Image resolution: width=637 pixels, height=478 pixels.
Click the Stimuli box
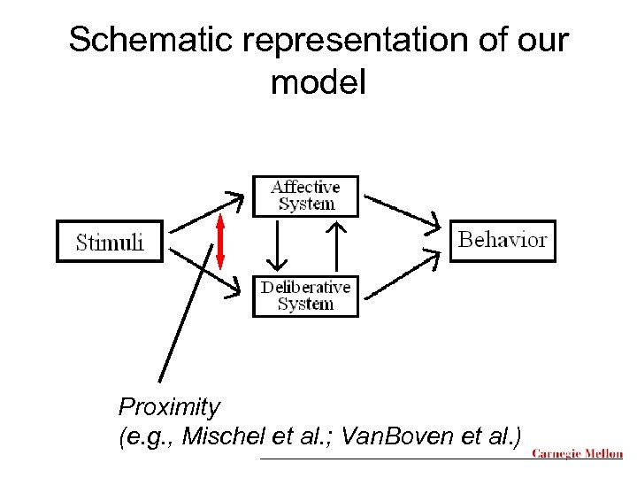point(110,242)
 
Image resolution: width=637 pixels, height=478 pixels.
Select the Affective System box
point(305,196)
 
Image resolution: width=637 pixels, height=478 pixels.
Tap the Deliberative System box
point(305,296)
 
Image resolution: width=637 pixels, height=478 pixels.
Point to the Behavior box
point(503,240)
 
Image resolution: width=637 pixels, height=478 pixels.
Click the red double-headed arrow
point(220,241)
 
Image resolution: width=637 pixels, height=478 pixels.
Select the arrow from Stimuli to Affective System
point(206,212)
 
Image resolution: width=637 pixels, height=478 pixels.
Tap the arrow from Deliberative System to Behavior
point(403,273)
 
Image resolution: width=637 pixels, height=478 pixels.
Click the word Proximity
point(169,407)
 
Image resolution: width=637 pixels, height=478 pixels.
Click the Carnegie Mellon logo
point(576,454)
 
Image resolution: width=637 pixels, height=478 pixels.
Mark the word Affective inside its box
point(305,187)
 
